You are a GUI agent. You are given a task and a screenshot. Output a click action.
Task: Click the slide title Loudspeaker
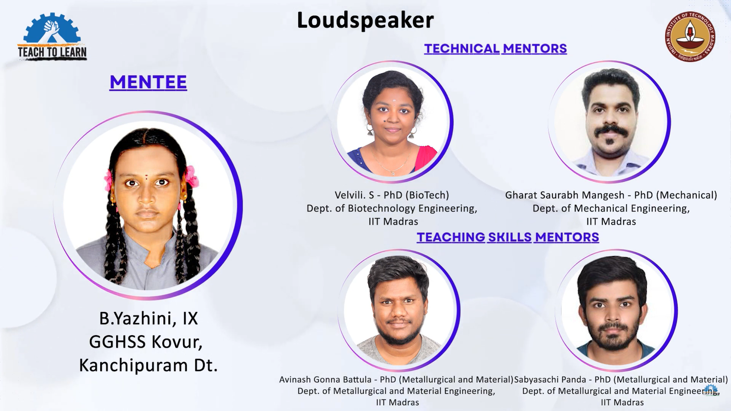[365, 21]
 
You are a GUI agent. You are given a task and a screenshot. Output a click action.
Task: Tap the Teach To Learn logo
[52, 37]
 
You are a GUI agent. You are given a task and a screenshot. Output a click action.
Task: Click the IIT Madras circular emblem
[690, 36]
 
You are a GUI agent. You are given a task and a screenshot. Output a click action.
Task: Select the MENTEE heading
[148, 82]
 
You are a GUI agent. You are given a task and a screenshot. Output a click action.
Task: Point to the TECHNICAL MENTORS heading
[496, 48]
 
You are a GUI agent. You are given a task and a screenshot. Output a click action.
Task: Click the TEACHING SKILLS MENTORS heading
[508, 237]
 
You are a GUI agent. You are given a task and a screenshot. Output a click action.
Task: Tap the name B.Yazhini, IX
[149, 318]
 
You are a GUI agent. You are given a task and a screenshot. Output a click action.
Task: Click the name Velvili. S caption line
[392, 195]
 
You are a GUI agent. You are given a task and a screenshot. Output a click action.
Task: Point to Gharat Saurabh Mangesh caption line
[611, 195]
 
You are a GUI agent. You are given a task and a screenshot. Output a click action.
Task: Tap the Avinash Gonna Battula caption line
[396, 379]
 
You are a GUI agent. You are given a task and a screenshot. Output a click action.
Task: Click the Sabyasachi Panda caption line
[621, 379]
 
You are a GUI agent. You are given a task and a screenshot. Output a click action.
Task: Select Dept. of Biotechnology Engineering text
[392, 208]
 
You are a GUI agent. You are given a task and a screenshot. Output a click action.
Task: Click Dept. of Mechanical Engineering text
[611, 208]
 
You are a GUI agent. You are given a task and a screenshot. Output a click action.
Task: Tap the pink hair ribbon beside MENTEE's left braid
[109, 180]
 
